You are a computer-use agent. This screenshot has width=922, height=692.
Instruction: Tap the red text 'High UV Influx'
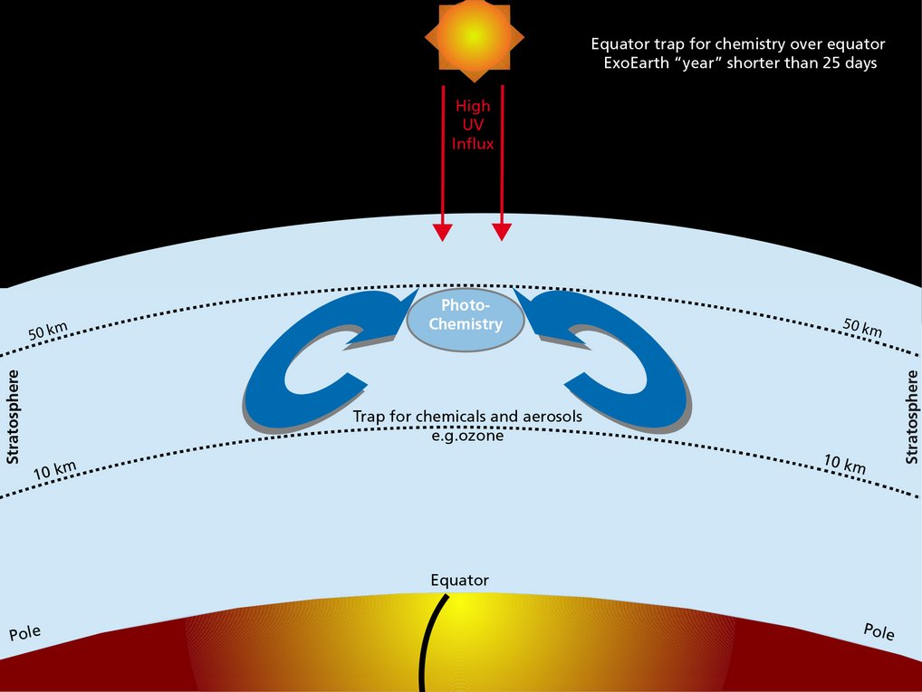coord(473,124)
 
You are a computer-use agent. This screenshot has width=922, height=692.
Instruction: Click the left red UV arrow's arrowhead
coord(442,232)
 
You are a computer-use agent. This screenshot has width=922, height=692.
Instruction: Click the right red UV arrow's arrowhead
coord(502,232)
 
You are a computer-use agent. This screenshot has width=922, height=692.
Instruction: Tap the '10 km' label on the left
coord(54,471)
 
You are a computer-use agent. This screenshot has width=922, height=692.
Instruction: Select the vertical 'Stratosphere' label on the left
coord(13,417)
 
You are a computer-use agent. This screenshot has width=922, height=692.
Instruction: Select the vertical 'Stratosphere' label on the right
coord(911,417)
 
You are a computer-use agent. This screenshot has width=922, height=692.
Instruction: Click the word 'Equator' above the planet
coord(459,580)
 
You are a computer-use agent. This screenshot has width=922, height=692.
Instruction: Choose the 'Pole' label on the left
coord(25,632)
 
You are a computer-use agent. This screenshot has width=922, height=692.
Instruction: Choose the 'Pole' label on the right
coord(879,630)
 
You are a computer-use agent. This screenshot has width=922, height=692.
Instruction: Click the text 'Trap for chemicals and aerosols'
coord(467,417)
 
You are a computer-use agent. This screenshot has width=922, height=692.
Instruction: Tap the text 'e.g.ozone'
coord(466,435)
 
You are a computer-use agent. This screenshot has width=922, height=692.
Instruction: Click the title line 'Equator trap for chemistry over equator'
coord(737,43)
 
